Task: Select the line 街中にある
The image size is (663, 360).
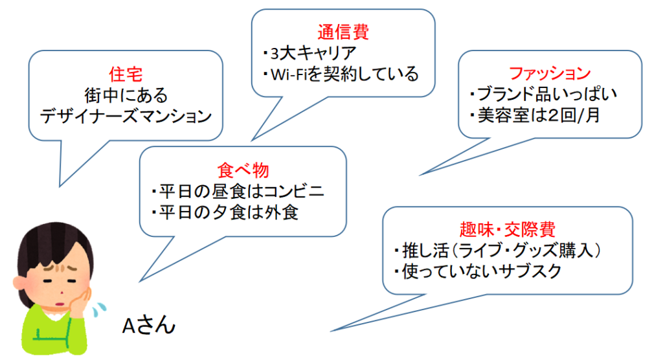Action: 126,95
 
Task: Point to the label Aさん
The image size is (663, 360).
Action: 149,325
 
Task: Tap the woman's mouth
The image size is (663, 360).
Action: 59,304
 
